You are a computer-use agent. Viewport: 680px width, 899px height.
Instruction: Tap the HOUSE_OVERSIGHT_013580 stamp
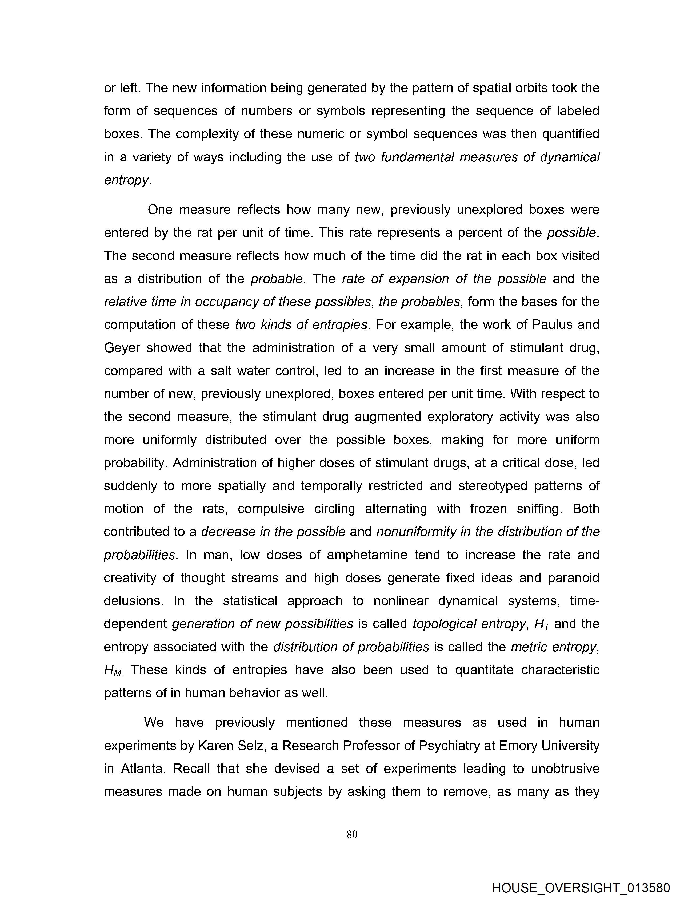[x=581, y=888]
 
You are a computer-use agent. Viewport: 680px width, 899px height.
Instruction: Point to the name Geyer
[x=122, y=348]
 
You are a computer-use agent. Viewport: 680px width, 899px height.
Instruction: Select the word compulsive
[x=271, y=509]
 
